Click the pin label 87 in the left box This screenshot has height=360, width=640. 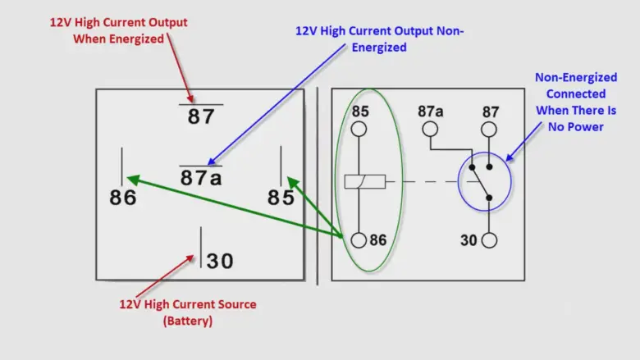tap(200, 116)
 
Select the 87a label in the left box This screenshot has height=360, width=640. tap(201, 177)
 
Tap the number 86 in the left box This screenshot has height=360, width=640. tap(123, 198)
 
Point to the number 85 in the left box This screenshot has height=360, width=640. tap(281, 198)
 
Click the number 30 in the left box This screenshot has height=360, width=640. tap(219, 261)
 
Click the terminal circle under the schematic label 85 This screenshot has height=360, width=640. tap(359, 129)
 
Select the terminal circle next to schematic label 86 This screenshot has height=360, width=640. tap(359, 240)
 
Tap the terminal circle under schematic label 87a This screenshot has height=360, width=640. tap(430, 129)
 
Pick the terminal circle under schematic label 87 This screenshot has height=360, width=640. tap(489, 129)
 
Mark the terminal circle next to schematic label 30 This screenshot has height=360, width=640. tap(489, 240)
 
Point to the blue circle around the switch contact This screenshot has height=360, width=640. tap(484, 180)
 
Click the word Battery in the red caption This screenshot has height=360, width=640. tap(190, 321)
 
